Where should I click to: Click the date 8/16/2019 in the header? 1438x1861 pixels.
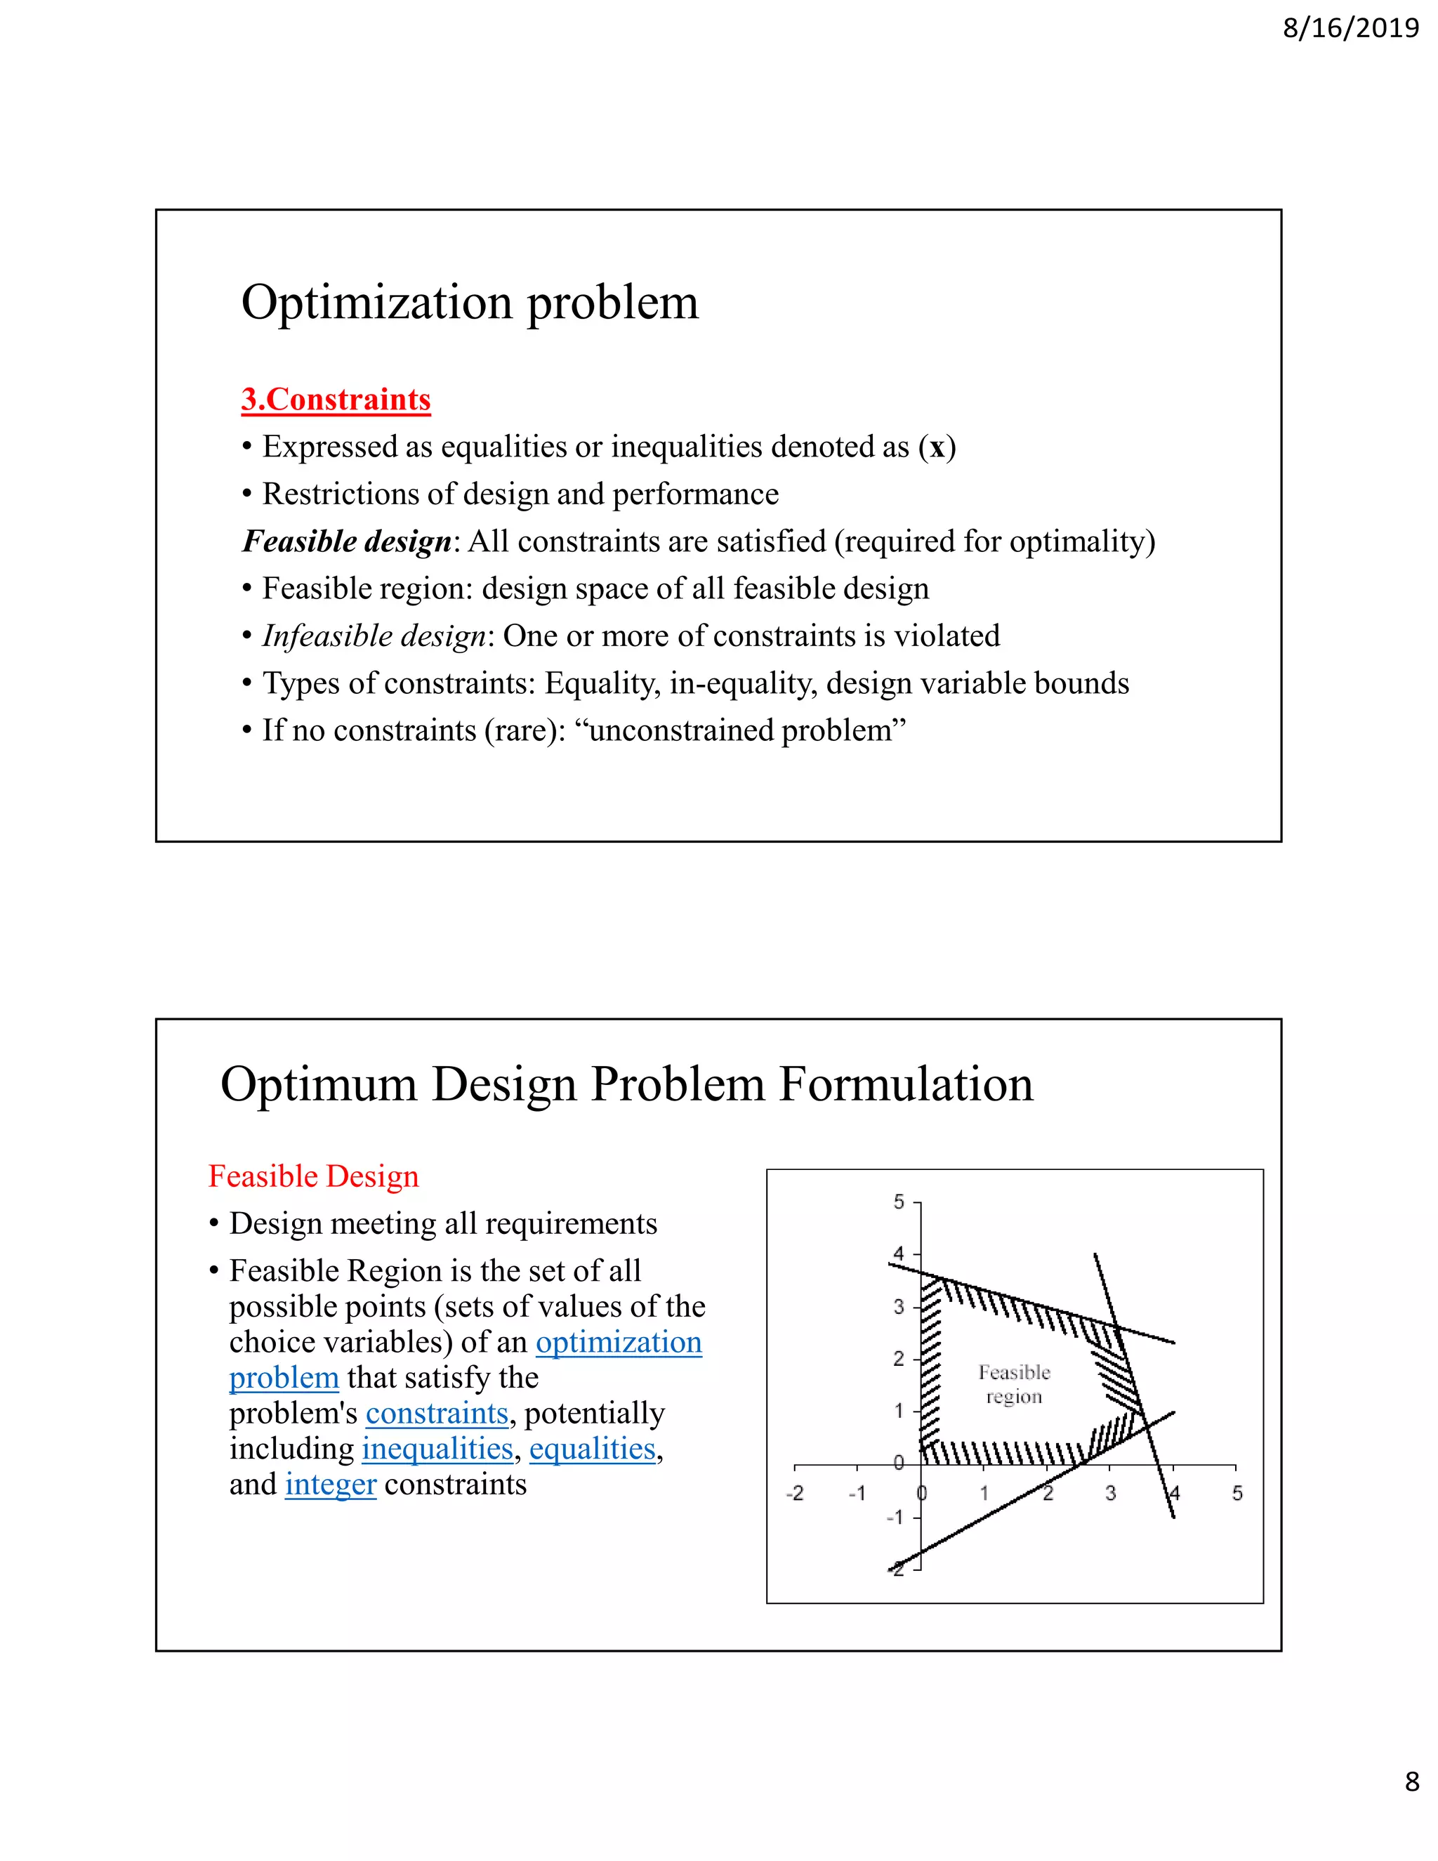pyautogui.click(x=1350, y=28)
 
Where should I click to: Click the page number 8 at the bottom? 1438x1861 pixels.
pyautogui.click(x=1411, y=1781)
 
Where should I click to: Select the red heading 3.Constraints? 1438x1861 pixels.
pyautogui.click(x=336, y=399)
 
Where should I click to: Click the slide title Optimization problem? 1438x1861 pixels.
pyautogui.click(x=470, y=303)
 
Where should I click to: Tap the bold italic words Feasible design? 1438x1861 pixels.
pyautogui.click(x=347, y=541)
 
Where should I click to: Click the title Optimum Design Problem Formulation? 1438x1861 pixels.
pyautogui.click(x=626, y=1085)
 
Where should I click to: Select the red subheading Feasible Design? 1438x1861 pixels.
pyautogui.click(x=313, y=1176)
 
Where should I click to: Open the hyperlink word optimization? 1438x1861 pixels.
pyautogui.click(x=619, y=1342)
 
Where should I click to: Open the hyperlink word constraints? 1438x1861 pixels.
pyautogui.click(x=437, y=1413)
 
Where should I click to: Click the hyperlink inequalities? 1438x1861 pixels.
pyautogui.click(x=437, y=1449)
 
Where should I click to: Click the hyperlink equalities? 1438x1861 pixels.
pyautogui.click(x=592, y=1449)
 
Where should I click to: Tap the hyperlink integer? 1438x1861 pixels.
pyautogui.click(x=331, y=1485)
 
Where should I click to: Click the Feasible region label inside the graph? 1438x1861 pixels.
pyautogui.click(x=1014, y=1384)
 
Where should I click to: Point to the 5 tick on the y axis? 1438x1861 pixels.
pyautogui.click(x=899, y=1202)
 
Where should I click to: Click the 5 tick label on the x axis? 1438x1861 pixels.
pyautogui.click(x=1237, y=1493)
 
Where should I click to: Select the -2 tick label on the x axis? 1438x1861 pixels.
pyautogui.click(x=794, y=1493)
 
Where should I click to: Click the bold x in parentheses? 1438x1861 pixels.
pyautogui.click(x=937, y=447)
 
